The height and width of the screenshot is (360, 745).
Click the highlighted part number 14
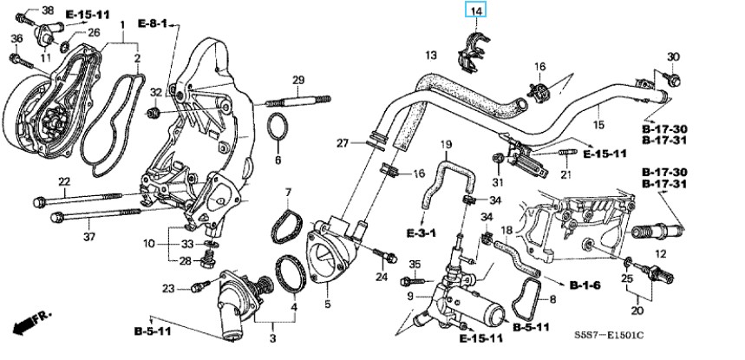coord(475,10)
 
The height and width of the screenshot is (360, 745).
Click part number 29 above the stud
coord(297,81)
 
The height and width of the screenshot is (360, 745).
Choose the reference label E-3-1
coord(420,233)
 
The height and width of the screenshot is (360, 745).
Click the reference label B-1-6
coord(585,284)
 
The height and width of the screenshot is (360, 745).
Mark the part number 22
coord(63,181)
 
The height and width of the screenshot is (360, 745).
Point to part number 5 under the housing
coord(327,304)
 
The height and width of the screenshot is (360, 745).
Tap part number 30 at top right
coord(674,57)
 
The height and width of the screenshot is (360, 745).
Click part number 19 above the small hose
coord(446,143)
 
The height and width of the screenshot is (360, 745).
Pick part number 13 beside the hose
coord(430,56)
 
